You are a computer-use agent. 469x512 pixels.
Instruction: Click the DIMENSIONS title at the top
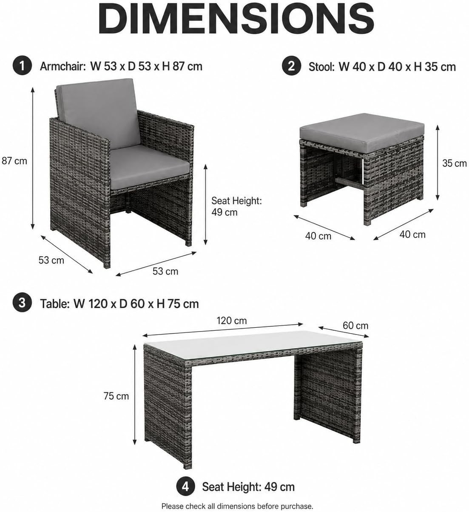point(236,19)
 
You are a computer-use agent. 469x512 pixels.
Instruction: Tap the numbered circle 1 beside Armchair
point(22,66)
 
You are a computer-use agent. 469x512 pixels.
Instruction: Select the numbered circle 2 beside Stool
point(291,66)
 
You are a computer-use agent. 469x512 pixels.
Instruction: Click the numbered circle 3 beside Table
point(22,303)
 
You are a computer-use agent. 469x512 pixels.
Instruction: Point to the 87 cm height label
point(14,161)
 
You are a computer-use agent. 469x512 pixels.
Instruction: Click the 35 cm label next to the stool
point(455,163)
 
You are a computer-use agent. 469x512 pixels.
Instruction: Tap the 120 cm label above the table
point(232,321)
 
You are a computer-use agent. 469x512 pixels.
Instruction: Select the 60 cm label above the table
point(355,326)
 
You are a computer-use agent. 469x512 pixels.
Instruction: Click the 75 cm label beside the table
point(116,396)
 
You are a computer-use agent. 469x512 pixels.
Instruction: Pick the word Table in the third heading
point(55,304)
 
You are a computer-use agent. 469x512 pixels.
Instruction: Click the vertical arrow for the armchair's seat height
point(205,204)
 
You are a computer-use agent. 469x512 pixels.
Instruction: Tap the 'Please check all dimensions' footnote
point(237,506)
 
